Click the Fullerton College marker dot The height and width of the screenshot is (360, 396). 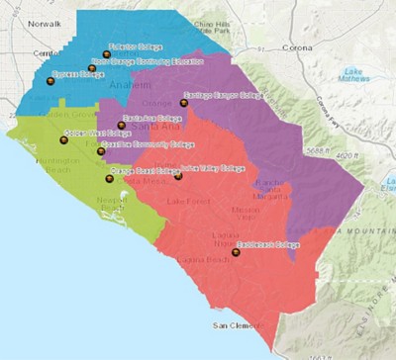click(107, 55)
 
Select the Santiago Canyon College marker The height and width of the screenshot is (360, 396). click(183, 102)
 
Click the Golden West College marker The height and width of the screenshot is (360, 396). click(64, 140)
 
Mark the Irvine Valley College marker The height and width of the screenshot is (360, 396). click(178, 176)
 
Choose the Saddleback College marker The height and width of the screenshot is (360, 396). click(235, 252)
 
